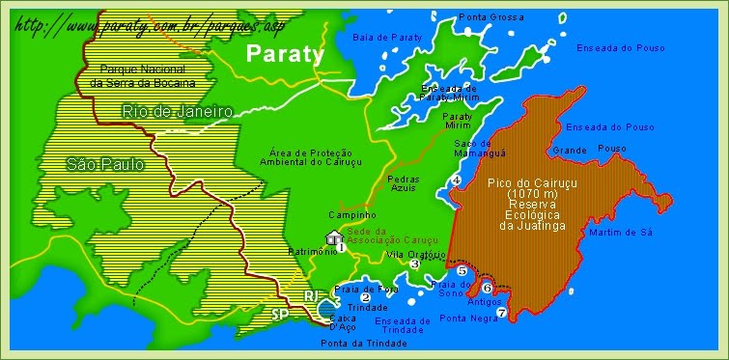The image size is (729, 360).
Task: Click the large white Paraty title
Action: tap(285, 54)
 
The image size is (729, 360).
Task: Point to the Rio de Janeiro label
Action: tap(177, 112)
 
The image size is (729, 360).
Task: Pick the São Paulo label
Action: tap(105, 165)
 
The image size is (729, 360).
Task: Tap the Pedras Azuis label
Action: tap(403, 183)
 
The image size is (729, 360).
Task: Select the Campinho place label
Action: tap(346, 214)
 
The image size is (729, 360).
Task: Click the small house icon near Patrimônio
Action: tap(333, 237)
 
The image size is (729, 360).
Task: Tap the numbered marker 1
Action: tap(341, 247)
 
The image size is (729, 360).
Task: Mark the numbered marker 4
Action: tap(456, 180)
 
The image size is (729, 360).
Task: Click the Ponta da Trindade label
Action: tap(363, 343)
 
